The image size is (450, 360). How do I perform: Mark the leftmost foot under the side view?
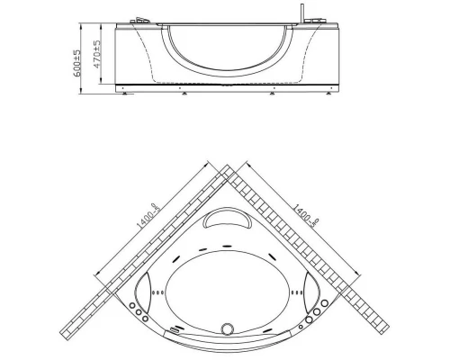122,90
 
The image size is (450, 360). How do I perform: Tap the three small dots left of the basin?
161,291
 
